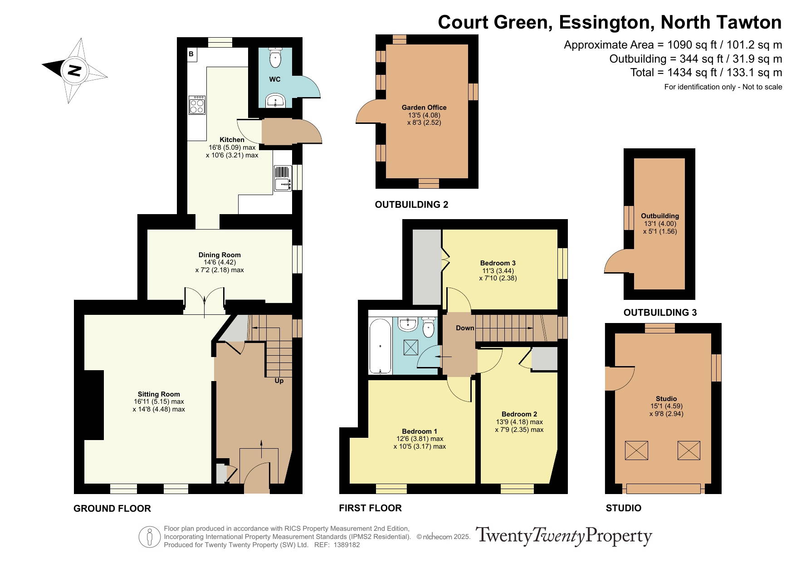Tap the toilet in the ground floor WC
click(275, 57)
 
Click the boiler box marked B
click(191, 54)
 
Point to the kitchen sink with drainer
click(283, 178)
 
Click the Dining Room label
click(220, 255)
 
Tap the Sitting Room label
click(159, 394)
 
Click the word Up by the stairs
click(279, 381)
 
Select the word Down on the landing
click(465, 328)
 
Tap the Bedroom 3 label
click(498, 263)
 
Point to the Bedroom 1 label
click(420, 431)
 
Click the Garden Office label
click(424, 108)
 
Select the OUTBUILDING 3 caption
click(660, 313)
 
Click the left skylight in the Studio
click(636, 450)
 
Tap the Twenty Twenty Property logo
click(563, 536)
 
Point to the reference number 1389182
click(347, 545)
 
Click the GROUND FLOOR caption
click(112, 509)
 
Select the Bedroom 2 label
click(519, 414)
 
